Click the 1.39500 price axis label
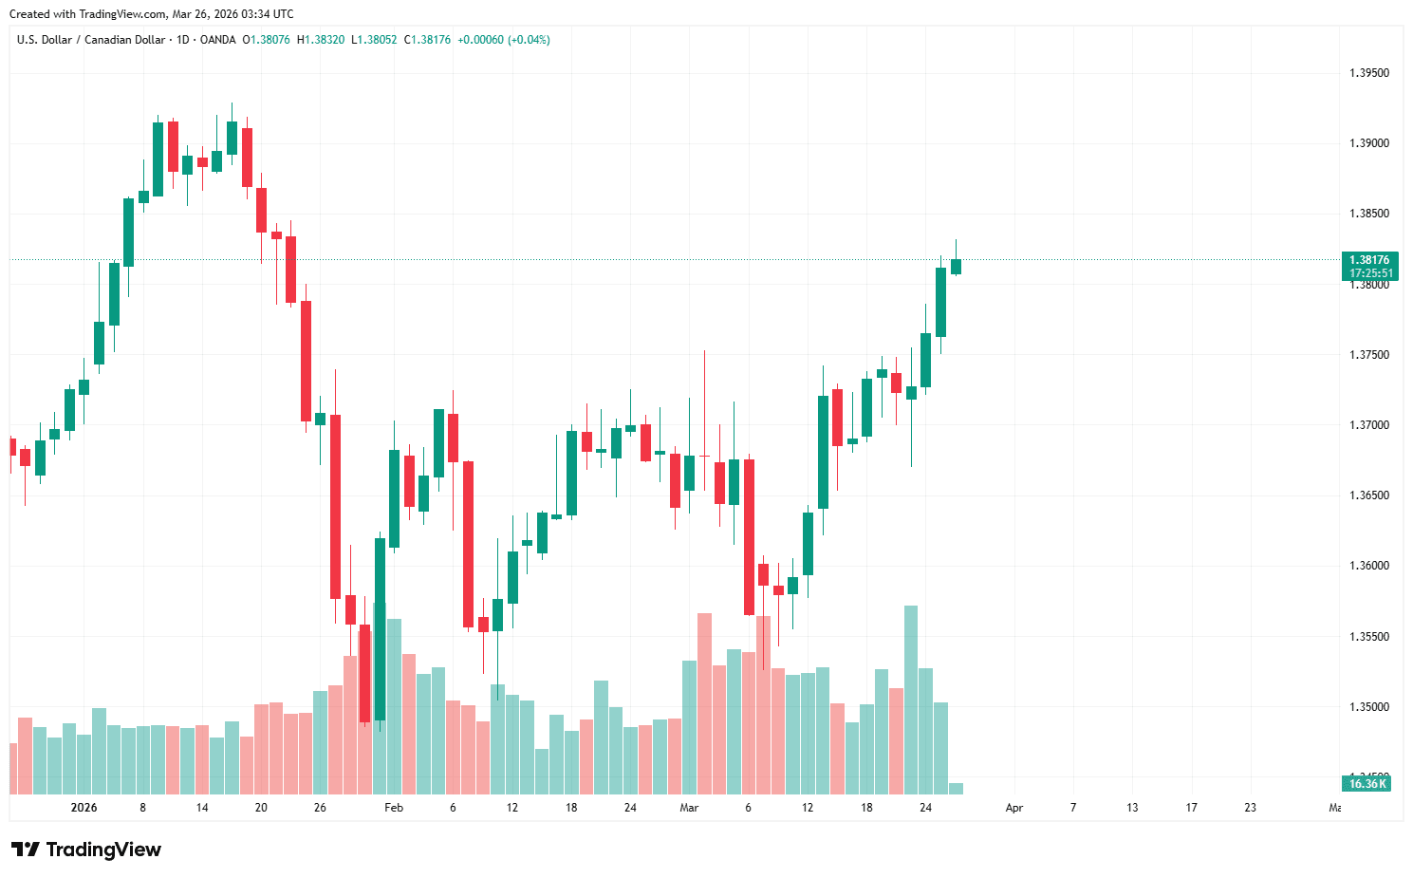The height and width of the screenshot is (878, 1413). click(x=1368, y=73)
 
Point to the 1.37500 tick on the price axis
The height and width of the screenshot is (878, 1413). click(x=1368, y=355)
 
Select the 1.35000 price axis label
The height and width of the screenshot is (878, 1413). click(x=1368, y=707)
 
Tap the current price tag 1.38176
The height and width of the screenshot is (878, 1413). click(x=1369, y=260)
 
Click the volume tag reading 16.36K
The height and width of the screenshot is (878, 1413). click(x=1367, y=784)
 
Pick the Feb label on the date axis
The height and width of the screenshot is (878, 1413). click(x=394, y=808)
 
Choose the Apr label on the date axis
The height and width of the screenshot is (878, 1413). click(x=1014, y=808)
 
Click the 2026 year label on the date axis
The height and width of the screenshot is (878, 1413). click(x=84, y=808)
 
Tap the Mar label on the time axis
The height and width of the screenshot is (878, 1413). click(x=689, y=808)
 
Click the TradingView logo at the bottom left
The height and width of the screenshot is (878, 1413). click(x=86, y=850)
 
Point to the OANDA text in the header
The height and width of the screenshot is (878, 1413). click(x=218, y=40)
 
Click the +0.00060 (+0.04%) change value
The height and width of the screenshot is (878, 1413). click(x=504, y=40)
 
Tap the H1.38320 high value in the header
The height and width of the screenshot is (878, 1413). click(x=321, y=40)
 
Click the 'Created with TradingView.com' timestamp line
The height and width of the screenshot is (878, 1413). click(x=152, y=14)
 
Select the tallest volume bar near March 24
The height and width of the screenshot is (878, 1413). click(x=911, y=700)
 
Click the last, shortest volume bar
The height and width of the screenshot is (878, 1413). click(x=956, y=788)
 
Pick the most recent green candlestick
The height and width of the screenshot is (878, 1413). click(x=956, y=267)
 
